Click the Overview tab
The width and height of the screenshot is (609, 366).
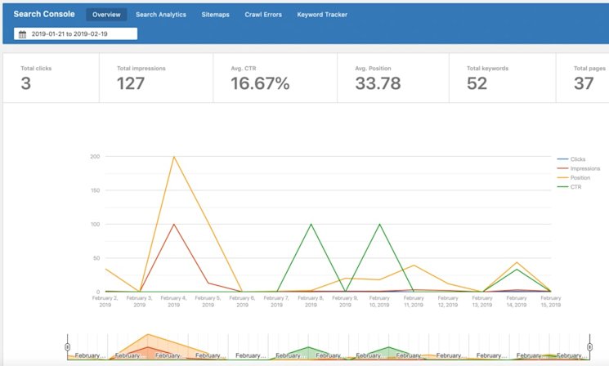106,15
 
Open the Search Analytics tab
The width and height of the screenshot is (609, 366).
160,15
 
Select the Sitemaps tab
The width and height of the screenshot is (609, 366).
215,15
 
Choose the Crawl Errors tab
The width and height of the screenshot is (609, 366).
264,15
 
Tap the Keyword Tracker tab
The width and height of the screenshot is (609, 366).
322,15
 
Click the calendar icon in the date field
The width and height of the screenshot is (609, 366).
22,34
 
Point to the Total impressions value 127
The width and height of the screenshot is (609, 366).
131,83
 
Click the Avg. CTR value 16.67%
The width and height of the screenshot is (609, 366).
260,83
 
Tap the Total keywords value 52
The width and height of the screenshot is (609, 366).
478,83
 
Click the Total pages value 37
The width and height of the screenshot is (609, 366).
584,83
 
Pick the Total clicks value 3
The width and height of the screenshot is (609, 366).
26,83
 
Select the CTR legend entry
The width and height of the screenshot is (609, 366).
576,186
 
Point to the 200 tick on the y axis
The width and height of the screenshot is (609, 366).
95,156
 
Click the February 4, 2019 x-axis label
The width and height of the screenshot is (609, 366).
173,301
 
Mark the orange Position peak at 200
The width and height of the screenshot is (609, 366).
173,157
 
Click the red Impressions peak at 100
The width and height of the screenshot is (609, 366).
173,224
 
